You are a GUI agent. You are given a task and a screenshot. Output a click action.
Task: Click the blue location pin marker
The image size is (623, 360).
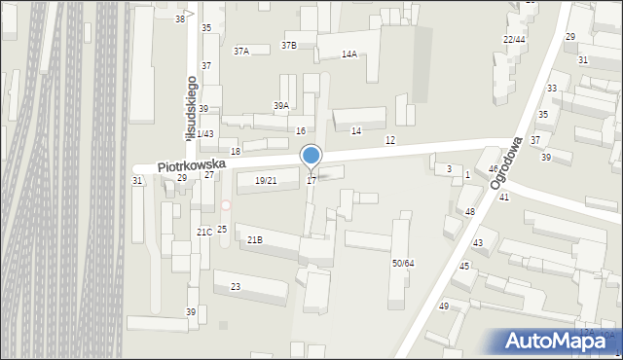click(x=311, y=156)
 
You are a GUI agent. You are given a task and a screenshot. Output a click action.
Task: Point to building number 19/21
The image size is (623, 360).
click(x=266, y=180)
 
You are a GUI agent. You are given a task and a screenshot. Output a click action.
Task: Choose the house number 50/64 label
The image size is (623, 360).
click(x=403, y=264)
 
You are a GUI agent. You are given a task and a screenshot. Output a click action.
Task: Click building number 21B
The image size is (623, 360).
click(x=254, y=239)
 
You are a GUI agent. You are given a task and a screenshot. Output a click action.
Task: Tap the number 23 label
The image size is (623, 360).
click(x=236, y=287)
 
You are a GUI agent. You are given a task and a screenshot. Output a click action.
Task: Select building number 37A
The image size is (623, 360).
click(x=241, y=51)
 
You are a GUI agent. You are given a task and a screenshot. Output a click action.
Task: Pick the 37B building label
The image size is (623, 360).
click(x=289, y=45)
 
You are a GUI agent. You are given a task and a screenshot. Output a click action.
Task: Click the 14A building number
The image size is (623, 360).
click(x=348, y=54)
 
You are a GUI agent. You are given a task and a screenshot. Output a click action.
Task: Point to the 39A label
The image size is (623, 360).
click(x=280, y=106)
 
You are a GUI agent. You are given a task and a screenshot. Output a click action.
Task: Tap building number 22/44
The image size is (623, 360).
click(x=514, y=39)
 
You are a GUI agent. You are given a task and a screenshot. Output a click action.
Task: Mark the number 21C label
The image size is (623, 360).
click(x=204, y=233)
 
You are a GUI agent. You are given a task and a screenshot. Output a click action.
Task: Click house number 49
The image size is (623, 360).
click(x=444, y=306)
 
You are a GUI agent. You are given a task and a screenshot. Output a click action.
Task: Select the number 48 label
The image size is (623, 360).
click(x=470, y=211)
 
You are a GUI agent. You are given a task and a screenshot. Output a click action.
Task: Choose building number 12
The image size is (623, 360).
click(x=390, y=141)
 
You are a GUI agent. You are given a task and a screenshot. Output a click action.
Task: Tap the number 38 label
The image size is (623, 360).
click(x=180, y=19)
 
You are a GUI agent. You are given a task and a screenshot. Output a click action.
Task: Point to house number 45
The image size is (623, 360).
click(x=464, y=267)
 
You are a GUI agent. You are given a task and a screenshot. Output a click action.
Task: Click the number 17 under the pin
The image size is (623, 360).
click(x=311, y=180)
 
